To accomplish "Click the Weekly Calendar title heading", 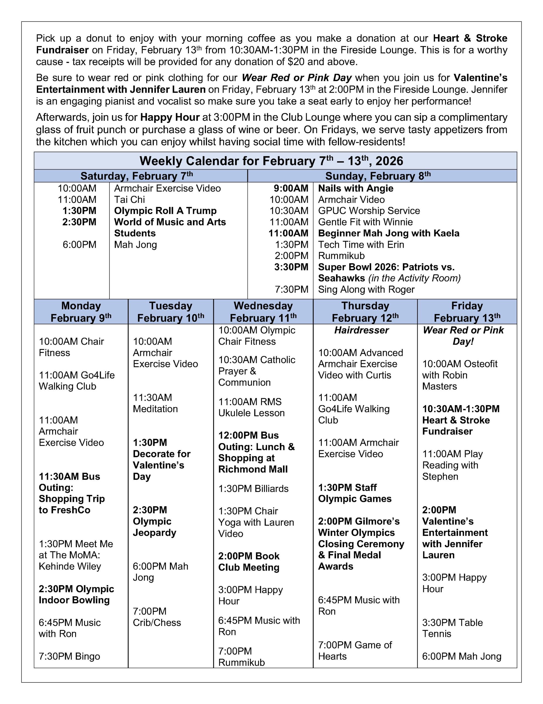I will click(271, 161).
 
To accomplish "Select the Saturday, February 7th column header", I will click(136, 176).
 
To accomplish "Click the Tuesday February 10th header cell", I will click(170, 312).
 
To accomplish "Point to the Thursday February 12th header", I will click(365, 312).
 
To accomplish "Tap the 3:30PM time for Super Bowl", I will click(291, 267).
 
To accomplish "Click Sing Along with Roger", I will click(366, 290).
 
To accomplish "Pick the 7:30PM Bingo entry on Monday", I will click(69, 656).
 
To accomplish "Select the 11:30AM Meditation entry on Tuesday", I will click(155, 403).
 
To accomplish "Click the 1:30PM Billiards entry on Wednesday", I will click(253, 489).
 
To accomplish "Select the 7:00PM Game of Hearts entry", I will click(355, 650).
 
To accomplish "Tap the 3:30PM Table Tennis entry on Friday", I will click(452, 628).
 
